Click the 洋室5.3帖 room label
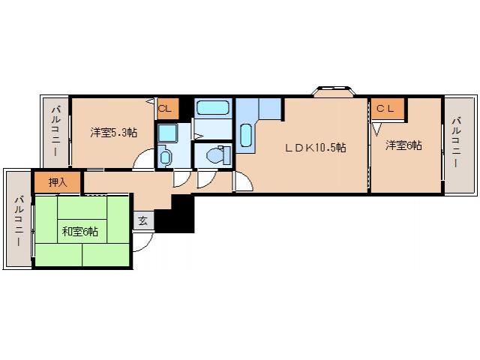pyautogui.click(x=114, y=133)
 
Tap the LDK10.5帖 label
pyautogui.click(x=314, y=148)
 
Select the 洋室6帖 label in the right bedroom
pyautogui.click(x=403, y=145)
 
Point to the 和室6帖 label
pyautogui.click(x=79, y=231)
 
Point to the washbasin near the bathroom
pyautogui.click(x=166, y=157)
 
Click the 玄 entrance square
pyautogui.click(x=143, y=220)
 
